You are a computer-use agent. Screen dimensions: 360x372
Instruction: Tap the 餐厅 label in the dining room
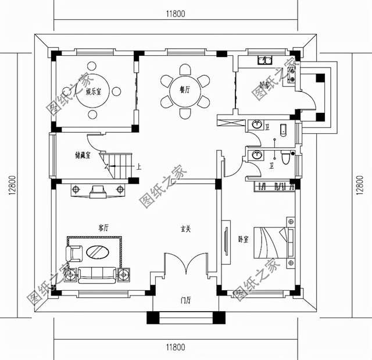click(185, 90)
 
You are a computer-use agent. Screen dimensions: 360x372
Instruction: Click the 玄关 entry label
click(185, 229)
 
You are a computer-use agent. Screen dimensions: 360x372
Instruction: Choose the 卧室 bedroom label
click(244, 239)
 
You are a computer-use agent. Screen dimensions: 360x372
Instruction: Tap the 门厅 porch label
click(186, 300)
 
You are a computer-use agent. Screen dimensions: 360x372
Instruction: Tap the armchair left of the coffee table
click(74, 253)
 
